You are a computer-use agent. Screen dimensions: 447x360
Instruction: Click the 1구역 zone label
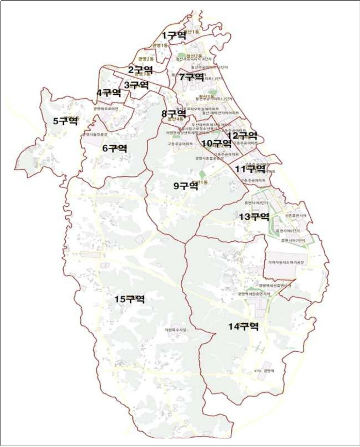coord(174,35)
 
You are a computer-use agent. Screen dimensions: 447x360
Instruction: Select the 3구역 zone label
coord(136,85)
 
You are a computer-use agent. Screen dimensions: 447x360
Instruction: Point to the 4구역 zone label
coord(109,93)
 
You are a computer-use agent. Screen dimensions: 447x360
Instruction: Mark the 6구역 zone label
coord(115,148)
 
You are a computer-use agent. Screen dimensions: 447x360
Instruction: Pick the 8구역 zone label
coord(174,113)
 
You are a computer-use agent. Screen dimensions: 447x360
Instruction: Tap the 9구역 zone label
coord(186,186)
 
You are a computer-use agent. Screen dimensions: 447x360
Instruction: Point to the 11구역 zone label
coord(250,169)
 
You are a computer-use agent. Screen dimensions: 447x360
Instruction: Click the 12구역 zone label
coord(242,135)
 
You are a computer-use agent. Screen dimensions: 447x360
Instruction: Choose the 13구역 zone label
coord(254,217)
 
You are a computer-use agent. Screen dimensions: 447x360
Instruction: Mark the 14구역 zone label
coord(244,327)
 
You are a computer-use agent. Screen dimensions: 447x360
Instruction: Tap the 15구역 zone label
coord(130,299)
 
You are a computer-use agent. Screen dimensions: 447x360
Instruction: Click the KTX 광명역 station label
coord(265,371)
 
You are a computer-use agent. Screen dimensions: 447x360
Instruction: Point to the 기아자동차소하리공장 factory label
coord(286,262)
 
